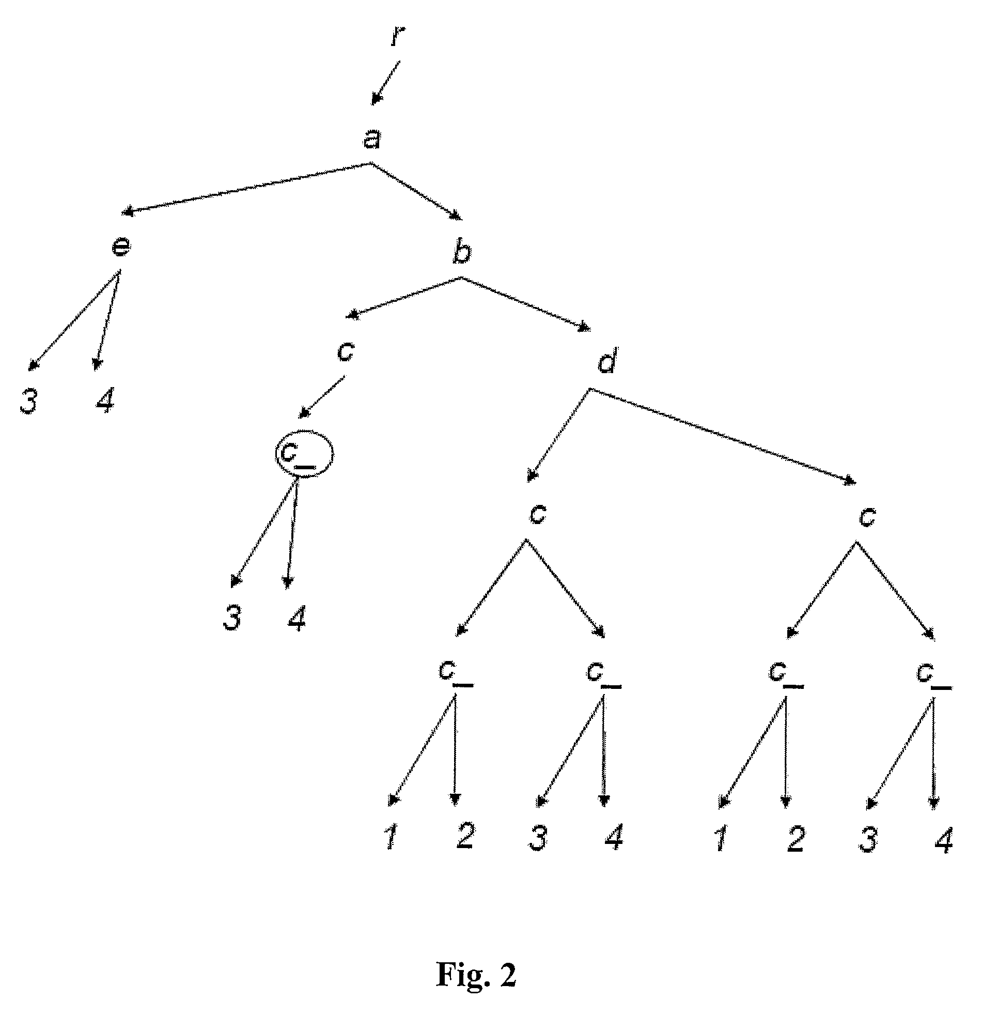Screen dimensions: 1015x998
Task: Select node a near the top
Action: [x=372, y=139]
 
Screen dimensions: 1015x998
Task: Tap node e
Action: [x=121, y=247]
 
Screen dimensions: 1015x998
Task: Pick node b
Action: [x=461, y=252]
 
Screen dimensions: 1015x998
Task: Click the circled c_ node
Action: [x=304, y=454]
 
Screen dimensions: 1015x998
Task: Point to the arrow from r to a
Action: [x=386, y=82]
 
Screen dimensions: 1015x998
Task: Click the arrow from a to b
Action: [x=417, y=191]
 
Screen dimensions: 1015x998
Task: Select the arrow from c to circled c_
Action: [x=322, y=397]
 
